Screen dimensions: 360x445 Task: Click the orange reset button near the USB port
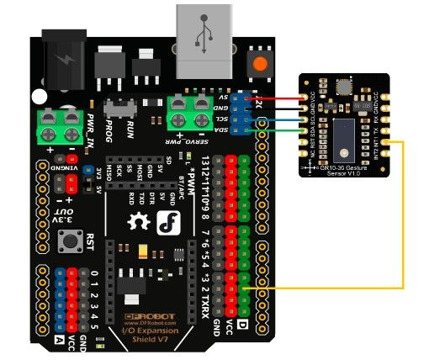260,63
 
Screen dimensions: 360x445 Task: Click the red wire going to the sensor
278,98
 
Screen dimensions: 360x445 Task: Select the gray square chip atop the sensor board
344,86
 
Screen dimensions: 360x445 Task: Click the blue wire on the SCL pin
278,120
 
